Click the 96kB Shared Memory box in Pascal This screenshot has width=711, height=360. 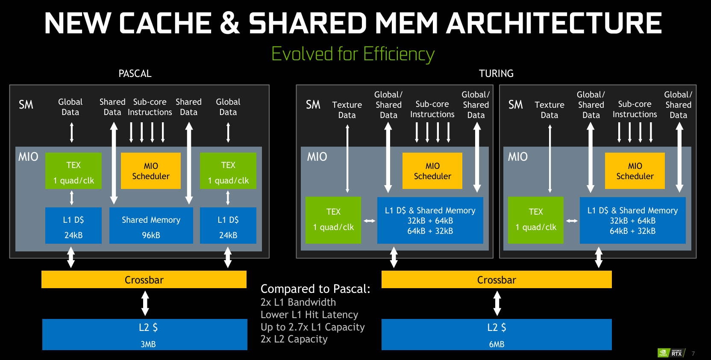[151, 226]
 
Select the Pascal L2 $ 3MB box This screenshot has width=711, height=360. [145, 334]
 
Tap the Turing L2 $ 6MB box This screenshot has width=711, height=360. [497, 334]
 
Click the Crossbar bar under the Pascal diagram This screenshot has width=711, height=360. [144, 280]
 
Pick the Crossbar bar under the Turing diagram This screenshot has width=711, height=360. [497, 280]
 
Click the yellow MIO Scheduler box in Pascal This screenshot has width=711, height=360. [151, 171]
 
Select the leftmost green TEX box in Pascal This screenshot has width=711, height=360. [73, 171]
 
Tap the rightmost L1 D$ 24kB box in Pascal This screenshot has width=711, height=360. [228, 226]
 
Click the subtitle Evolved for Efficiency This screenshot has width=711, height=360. [353, 54]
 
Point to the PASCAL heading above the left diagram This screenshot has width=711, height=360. [135, 74]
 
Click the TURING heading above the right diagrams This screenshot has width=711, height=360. [496, 74]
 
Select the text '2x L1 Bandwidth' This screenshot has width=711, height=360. [298, 302]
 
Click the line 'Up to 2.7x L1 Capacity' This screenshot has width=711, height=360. [313, 327]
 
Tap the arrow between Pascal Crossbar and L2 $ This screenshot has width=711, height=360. [145, 303]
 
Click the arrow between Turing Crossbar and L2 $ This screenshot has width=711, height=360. [497, 303]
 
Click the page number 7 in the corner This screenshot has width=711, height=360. [693, 354]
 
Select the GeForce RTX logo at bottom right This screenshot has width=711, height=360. [671, 353]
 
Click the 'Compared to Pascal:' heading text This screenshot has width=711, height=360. [315, 289]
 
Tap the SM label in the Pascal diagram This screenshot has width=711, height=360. [26, 105]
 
